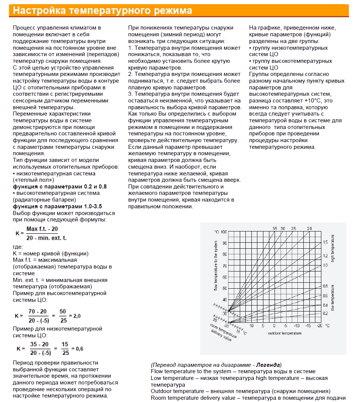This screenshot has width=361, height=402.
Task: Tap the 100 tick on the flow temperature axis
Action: click(x=224, y=232)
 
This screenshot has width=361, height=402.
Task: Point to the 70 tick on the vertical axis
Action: click(x=224, y=266)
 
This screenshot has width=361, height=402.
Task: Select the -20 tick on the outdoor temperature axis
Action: click(x=319, y=326)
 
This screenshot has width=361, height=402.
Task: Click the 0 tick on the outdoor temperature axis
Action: click(x=275, y=326)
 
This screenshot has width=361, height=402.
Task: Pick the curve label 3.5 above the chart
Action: click(x=275, y=228)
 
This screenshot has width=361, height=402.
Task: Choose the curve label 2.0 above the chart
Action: click(x=309, y=228)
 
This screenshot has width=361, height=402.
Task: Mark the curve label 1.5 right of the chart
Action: click(x=325, y=242)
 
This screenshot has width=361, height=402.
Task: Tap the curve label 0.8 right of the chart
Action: click(x=325, y=286)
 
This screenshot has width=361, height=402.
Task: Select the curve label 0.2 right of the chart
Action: click(x=325, y=313)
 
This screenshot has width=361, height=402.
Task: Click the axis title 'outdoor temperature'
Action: click(x=285, y=333)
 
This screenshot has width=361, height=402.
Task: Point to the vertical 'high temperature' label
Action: click(x=332, y=248)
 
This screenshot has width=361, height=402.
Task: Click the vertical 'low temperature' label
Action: click(x=332, y=298)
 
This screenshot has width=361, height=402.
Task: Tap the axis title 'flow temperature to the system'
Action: click(x=216, y=266)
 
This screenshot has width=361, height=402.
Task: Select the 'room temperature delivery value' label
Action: click(x=224, y=332)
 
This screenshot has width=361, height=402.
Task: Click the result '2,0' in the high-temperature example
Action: click(x=76, y=316)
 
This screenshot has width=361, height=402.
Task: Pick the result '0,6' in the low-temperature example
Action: click(x=79, y=349)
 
